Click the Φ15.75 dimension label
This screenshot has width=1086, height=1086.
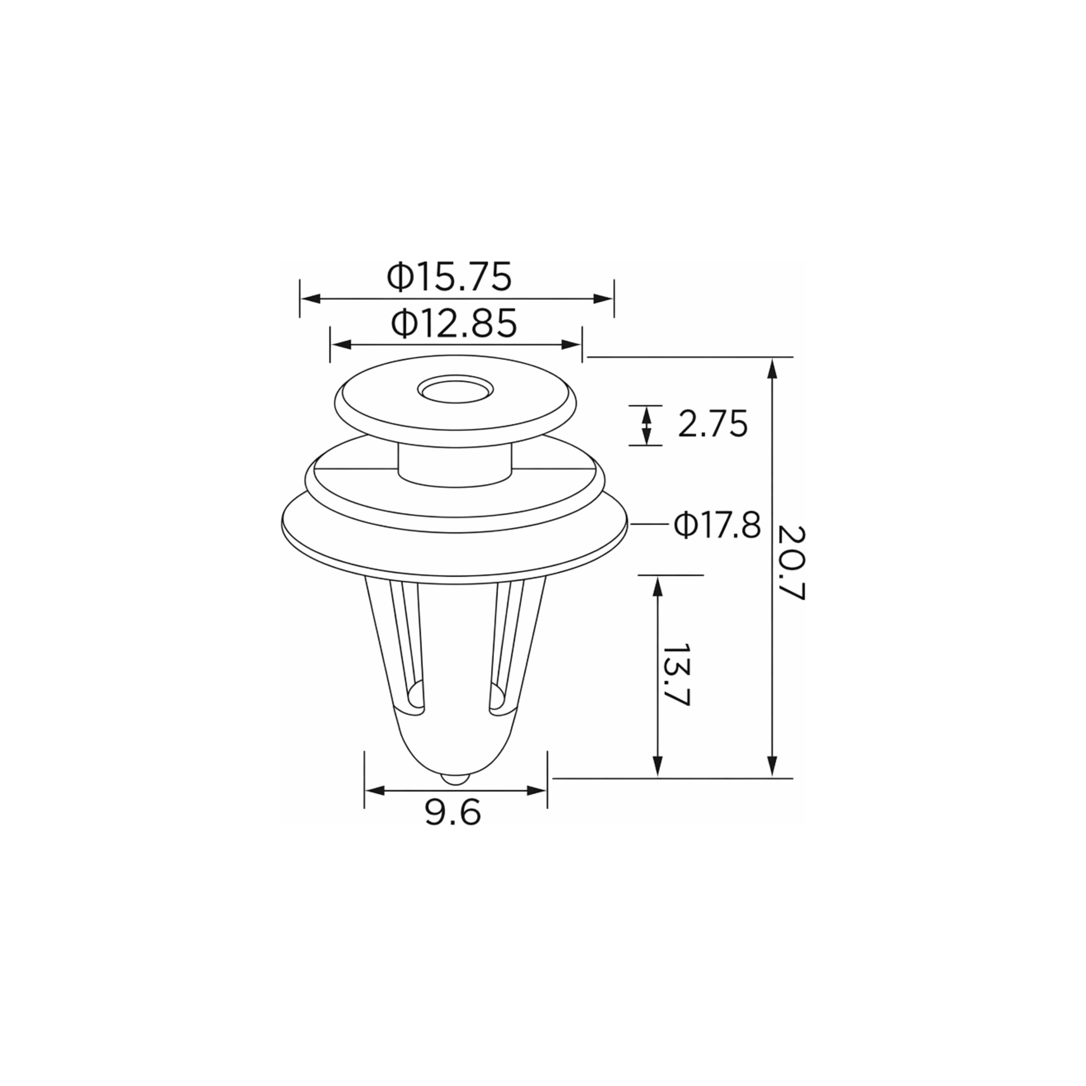tap(449, 277)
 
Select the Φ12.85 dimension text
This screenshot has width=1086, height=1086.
tap(454, 323)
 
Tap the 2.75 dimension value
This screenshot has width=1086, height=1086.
tap(713, 424)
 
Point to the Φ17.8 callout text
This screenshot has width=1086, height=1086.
tap(717, 526)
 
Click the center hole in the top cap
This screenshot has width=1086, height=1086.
tap(455, 389)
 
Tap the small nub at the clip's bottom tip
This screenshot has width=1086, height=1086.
tap(455, 778)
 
